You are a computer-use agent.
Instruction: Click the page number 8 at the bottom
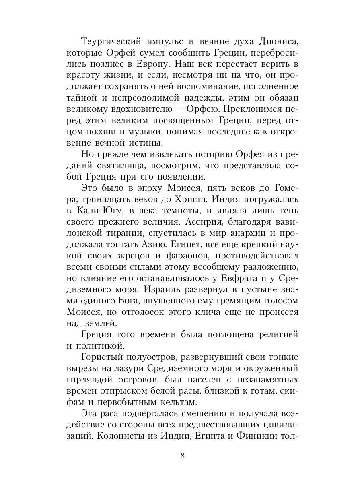click(x=183, y=456)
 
